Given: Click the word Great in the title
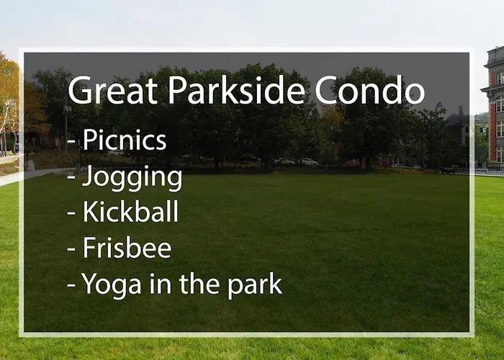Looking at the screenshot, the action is (113, 90).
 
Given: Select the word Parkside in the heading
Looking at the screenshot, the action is (236, 89).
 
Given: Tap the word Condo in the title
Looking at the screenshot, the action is (369, 90).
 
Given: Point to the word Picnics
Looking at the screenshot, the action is (125, 140).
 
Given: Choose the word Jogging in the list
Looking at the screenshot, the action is (132, 178).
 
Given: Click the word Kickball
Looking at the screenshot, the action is (130, 211).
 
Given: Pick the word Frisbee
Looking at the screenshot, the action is (127, 247).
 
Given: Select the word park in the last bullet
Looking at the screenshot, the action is (255, 285).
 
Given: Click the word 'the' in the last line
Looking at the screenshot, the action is (199, 283).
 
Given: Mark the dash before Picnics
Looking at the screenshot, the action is (71, 141).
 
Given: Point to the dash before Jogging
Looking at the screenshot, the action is (71, 177).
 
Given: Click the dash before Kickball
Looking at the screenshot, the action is (71, 213).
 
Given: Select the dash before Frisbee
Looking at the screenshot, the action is (71, 249).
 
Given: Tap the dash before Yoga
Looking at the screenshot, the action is (71, 285).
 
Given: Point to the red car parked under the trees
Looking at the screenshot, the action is (352, 163).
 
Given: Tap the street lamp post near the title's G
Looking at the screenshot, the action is (66, 129).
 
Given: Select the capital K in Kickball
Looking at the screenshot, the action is (90, 211).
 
